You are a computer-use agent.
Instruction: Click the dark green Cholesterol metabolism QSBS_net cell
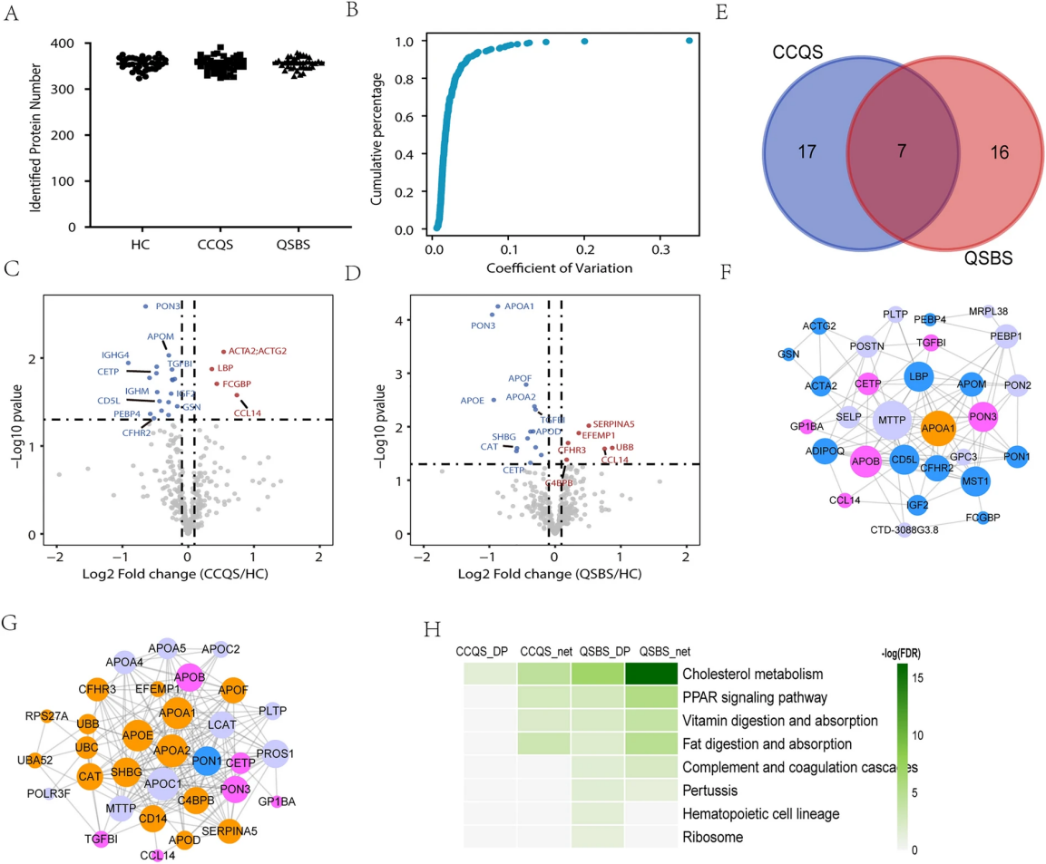[x=651, y=674]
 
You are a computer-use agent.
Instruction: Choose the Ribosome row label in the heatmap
[x=712, y=838]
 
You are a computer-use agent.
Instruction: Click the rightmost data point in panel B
[x=689, y=40]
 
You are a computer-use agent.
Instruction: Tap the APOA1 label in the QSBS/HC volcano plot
[x=519, y=306]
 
